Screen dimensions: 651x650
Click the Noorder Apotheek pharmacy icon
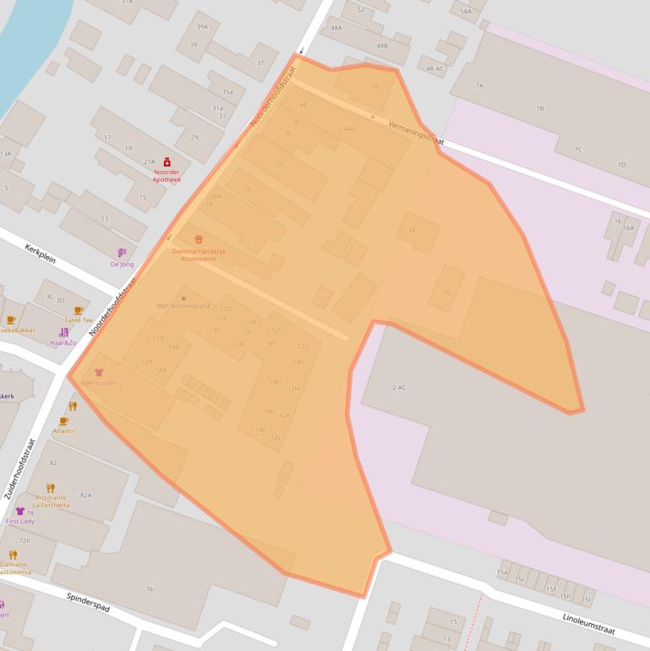click(x=167, y=161)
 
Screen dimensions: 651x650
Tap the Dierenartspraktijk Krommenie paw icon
click(x=199, y=239)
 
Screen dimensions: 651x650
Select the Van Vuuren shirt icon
click(x=99, y=372)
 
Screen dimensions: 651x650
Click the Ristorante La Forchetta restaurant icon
click(x=51, y=488)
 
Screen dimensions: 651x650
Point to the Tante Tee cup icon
click(x=79, y=310)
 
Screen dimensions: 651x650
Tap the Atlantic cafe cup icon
click(x=63, y=420)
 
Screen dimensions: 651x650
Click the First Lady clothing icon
click(x=19, y=511)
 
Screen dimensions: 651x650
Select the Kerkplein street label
click(x=40, y=252)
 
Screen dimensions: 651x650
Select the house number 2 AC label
click(x=399, y=387)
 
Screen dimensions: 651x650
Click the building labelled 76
click(x=150, y=589)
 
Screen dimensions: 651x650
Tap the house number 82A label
click(x=85, y=495)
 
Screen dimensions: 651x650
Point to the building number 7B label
click(x=539, y=109)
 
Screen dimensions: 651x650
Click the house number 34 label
click(x=412, y=230)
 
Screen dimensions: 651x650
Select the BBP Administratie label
click(x=183, y=306)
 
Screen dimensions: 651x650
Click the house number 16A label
click(x=628, y=227)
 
